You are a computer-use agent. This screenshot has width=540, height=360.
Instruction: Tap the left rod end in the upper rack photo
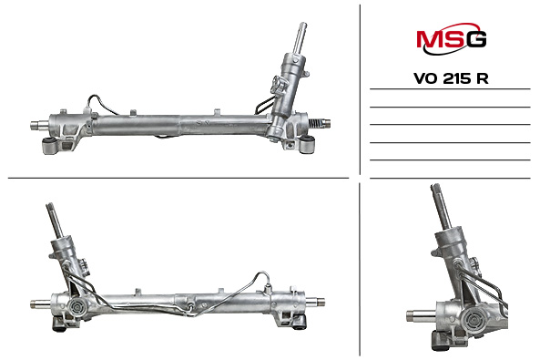(x=39, y=125)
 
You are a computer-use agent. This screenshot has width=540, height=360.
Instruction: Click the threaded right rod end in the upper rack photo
(x=321, y=121)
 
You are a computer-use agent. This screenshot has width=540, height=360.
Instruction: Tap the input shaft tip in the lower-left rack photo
(x=50, y=211)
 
